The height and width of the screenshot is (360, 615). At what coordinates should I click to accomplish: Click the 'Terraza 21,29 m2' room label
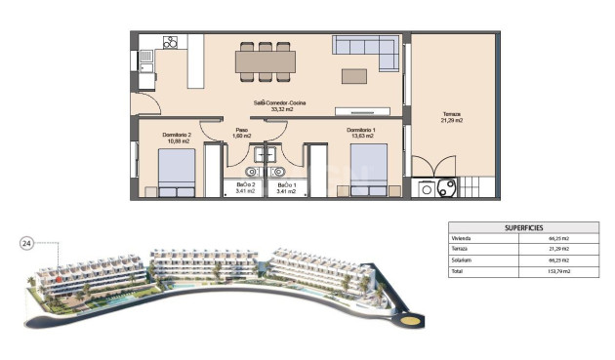coord(451,116)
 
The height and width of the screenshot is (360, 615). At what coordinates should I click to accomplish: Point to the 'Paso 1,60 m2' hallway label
coord(242,133)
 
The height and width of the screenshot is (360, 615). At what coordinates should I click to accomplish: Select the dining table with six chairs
coord(266,61)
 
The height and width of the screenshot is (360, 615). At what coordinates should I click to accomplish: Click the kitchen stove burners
coord(171,42)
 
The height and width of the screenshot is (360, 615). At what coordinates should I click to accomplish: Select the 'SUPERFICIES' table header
coord(523,227)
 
